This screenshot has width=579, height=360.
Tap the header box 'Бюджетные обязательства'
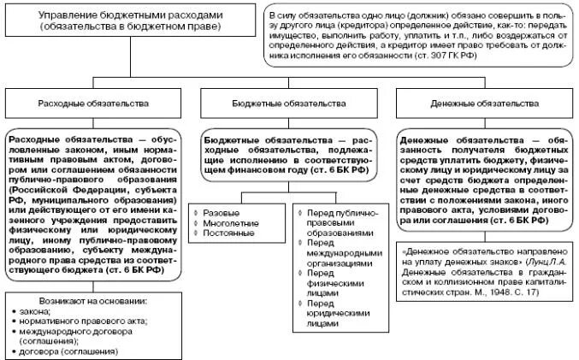click(289, 103)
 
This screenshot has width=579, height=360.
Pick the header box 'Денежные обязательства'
click(483, 103)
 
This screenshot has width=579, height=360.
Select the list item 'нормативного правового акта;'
click(77, 321)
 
